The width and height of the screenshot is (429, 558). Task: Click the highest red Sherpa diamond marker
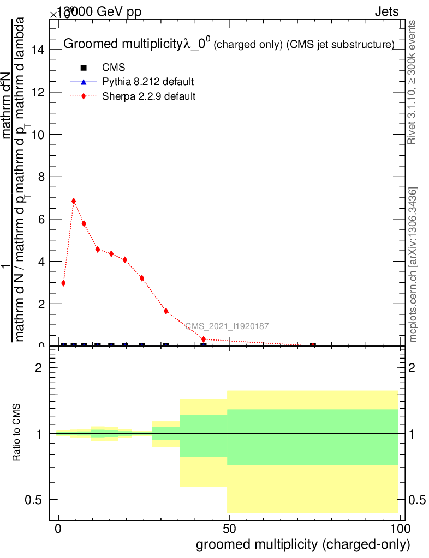tap(74, 201)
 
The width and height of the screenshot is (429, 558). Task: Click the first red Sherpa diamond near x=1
tap(63, 283)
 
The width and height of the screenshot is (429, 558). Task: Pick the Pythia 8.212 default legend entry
tap(148, 82)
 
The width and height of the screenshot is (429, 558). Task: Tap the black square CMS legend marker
tap(84, 68)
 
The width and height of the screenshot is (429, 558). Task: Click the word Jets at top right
tap(386, 12)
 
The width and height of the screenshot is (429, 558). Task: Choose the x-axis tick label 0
tap(58, 529)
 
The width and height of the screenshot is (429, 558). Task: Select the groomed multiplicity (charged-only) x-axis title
tap(302, 544)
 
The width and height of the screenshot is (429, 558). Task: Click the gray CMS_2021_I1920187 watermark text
tap(227, 326)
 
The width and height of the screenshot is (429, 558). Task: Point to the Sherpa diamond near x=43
tap(204, 339)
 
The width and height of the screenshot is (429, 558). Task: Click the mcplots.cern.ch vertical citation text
tap(413, 265)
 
